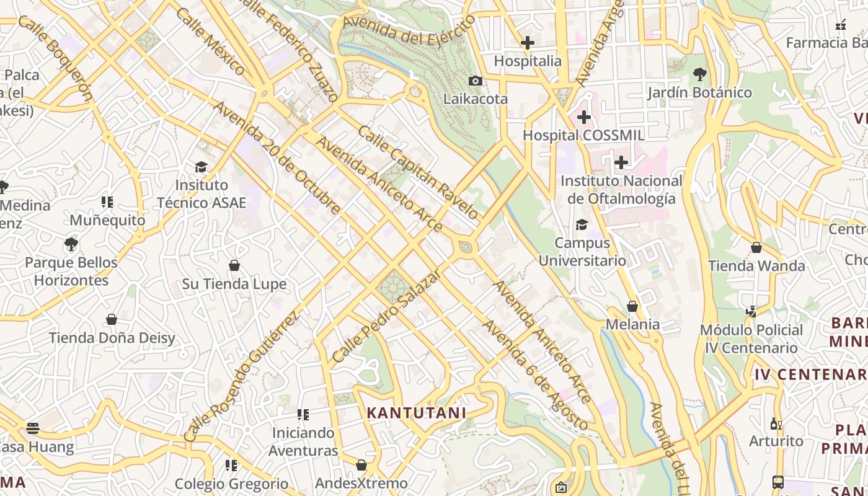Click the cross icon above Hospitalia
pyautogui.click(x=528, y=43)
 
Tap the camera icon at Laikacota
pyautogui.click(x=476, y=81)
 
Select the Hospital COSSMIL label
pyautogui.click(x=583, y=135)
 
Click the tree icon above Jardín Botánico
pyautogui.click(x=699, y=75)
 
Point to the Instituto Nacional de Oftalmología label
pyautogui.click(x=621, y=190)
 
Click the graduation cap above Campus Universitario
pyautogui.click(x=582, y=224)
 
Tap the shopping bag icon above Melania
pyautogui.click(x=632, y=306)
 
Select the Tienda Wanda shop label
pyautogui.click(x=756, y=266)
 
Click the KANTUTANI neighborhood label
pyautogui.click(x=416, y=413)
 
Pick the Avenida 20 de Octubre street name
pyautogui.click(x=277, y=158)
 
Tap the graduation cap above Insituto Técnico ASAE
pyautogui.click(x=201, y=167)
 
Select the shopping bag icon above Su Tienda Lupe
pyautogui.click(x=234, y=266)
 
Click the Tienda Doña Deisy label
pyautogui.click(x=112, y=338)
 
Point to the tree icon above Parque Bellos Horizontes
pyautogui.click(x=71, y=244)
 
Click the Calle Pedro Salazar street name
pyautogui.click(x=386, y=317)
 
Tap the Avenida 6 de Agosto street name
pyautogui.click(x=534, y=375)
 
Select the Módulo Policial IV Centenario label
pyautogui.click(x=751, y=339)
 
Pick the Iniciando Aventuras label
pyautogui.click(x=304, y=441)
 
